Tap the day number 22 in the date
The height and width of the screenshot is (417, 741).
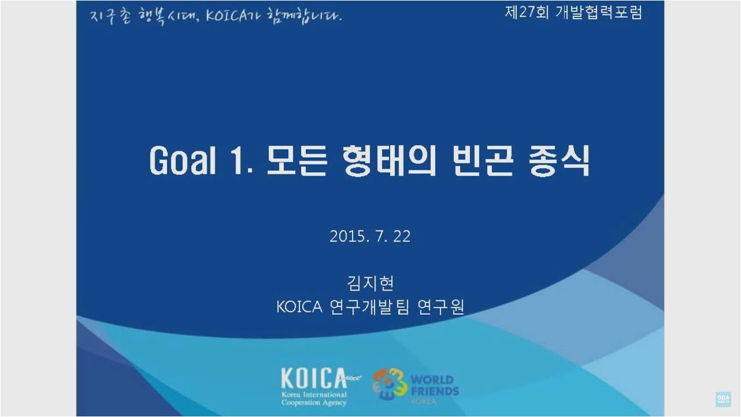402,236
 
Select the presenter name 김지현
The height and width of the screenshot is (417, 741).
370,283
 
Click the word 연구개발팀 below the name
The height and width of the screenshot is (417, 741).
369,307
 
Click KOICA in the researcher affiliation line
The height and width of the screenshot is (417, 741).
299,307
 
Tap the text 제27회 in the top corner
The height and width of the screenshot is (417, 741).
527,13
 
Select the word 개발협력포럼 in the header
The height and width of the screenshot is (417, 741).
599,13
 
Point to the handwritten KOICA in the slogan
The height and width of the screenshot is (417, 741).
226,16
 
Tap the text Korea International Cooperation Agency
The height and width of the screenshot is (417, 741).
314,399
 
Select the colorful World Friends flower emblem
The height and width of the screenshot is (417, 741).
390,384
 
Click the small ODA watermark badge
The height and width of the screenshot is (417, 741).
723,399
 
